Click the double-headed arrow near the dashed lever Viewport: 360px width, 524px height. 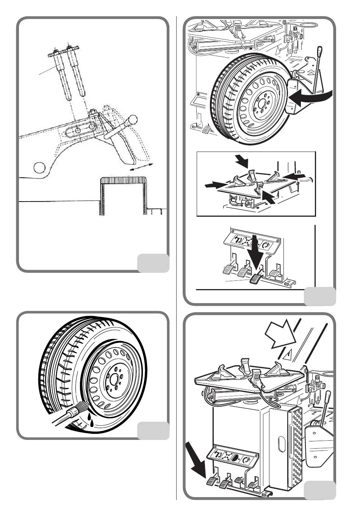click(x=141, y=167)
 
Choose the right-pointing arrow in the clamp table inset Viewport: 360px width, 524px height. click(x=212, y=185)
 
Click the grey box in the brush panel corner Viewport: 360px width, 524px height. click(x=153, y=431)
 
